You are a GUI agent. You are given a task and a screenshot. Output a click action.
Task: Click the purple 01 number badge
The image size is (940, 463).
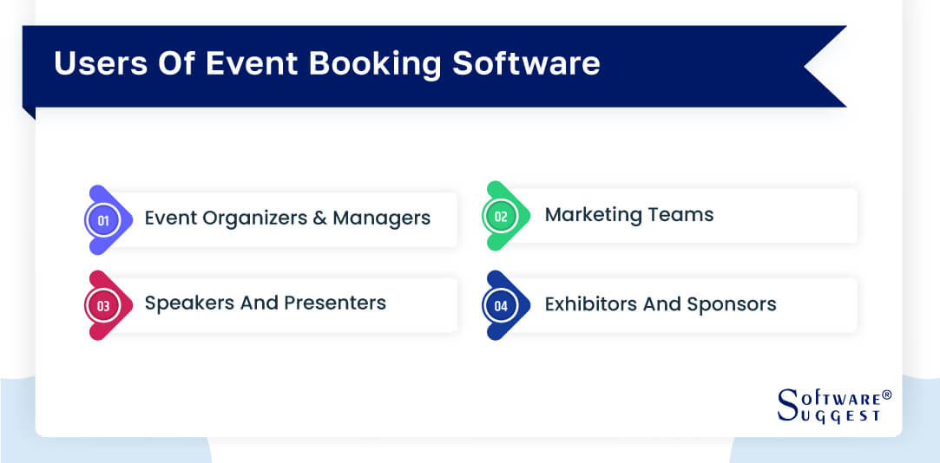(103, 220)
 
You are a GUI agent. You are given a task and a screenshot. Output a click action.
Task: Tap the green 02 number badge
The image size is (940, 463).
(501, 217)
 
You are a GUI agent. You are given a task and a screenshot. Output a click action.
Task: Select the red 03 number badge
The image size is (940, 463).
(103, 305)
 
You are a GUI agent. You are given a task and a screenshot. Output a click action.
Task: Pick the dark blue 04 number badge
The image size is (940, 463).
(501, 305)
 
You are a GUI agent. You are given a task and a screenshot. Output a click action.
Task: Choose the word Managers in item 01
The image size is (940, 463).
(382, 218)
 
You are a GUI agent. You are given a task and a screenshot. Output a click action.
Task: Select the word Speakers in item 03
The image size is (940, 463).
(183, 303)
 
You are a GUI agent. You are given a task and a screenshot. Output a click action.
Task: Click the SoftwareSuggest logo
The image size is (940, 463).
(830, 406)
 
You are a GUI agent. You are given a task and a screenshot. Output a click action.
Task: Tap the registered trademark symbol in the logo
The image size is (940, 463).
(886, 395)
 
